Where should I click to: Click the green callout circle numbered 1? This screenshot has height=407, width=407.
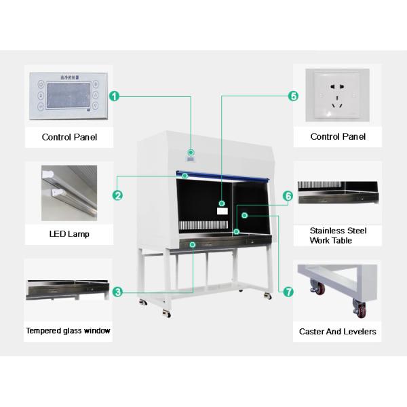tap(115, 96)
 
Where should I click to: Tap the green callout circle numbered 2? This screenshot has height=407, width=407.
tap(117, 195)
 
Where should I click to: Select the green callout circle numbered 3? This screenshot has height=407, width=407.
tap(117, 292)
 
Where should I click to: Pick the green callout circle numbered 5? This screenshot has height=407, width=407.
tap(294, 96)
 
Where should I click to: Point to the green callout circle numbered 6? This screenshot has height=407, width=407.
tap(288, 196)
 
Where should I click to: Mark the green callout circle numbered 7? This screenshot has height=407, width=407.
tap(288, 292)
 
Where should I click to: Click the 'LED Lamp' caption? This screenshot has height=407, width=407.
tap(69, 235)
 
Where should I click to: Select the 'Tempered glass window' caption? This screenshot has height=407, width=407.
tap(68, 331)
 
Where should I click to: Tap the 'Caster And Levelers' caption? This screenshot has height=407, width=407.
tap(337, 332)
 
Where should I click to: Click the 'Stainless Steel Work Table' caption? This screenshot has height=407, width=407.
tap(338, 235)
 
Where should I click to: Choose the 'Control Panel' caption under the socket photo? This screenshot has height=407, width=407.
tap(338, 136)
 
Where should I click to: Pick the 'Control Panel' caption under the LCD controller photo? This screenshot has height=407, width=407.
tap(69, 137)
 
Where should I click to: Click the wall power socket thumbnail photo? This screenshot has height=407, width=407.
tap(336, 96)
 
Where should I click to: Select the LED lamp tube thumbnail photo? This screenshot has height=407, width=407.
tap(69, 192)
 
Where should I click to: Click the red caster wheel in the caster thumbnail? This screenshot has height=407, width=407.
tap(317, 290)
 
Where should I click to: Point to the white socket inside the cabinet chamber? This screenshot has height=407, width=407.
tap(222, 210)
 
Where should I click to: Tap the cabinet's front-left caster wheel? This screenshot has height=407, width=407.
tap(166, 313)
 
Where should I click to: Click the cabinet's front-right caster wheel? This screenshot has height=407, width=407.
tap(266, 296)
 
